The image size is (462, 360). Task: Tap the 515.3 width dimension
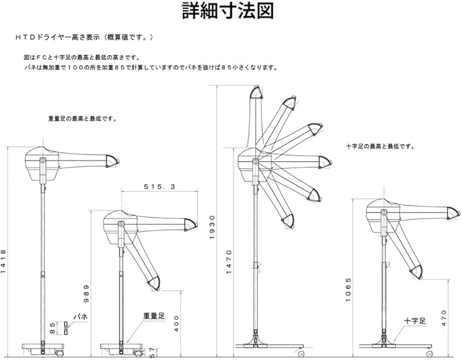coord(160,186)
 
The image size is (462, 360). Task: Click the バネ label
coord(81,316)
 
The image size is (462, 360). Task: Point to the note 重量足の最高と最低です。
coord(82,118)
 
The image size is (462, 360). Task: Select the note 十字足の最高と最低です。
coord(380,146)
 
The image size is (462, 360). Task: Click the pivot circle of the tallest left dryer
coord(43,161)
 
